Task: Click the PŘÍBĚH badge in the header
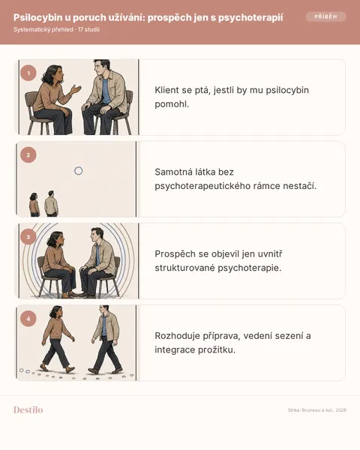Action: click(325, 16)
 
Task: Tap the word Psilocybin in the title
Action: click(38, 17)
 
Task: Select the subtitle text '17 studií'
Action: click(88, 29)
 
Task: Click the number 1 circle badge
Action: click(28, 73)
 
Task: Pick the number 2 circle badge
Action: click(28, 155)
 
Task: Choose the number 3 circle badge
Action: click(28, 237)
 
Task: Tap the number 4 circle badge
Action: click(28, 319)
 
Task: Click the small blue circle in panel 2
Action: click(78, 171)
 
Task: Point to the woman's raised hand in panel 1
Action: click(76, 89)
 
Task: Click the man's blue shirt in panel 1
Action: click(106, 91)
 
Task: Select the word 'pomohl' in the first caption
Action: click(171, 104)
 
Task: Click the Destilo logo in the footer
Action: click(28, 409)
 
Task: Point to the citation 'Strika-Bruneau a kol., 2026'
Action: click(317, 410)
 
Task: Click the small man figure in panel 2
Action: click(51, 203)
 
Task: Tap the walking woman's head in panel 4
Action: click(56, 312)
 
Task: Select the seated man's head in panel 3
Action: click(97, 235)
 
